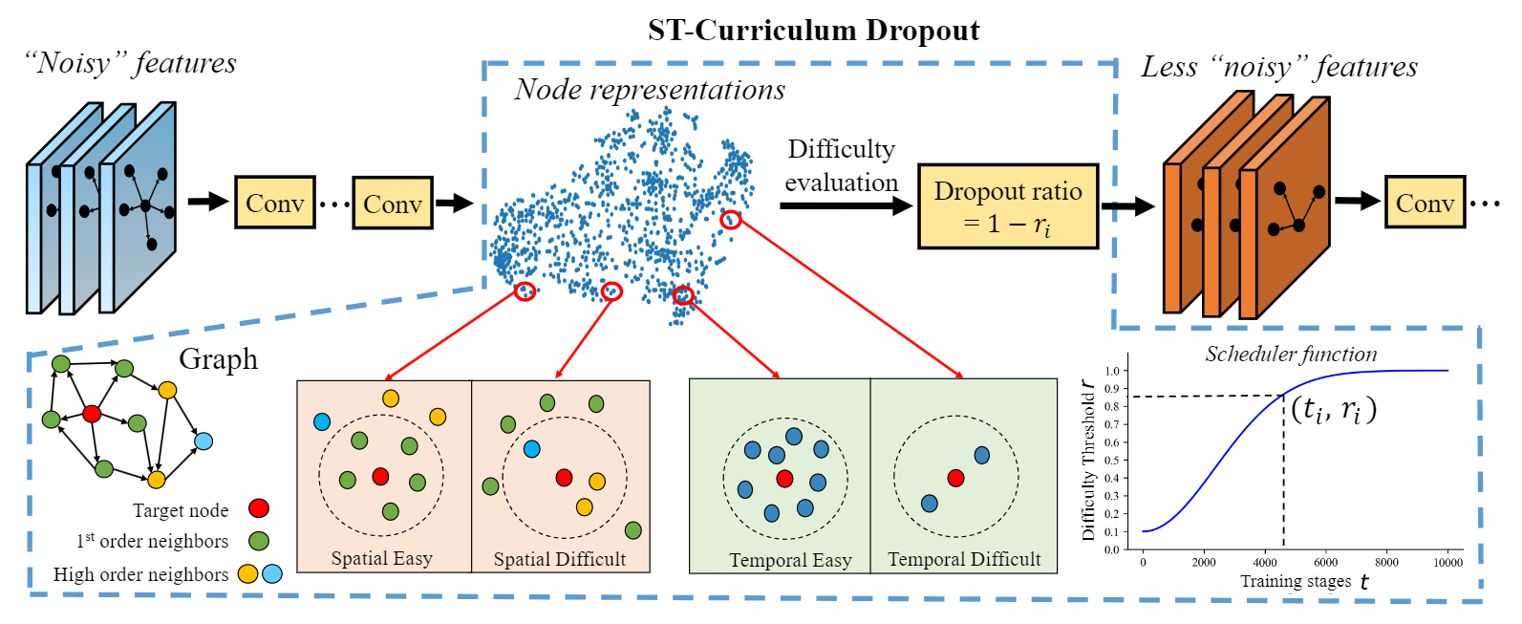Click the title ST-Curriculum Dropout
(813, 31)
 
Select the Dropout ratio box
(1007, 206)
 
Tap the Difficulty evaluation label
(841, 165)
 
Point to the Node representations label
(650, 90)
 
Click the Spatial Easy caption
(381, 558)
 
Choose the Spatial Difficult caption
(559, 559)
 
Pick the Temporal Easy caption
(790, 560)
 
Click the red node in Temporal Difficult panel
(955, 478)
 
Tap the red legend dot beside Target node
(258, 508)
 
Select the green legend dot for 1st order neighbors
(258, 541)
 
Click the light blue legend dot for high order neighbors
(272, 573)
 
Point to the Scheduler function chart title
(1291, 355)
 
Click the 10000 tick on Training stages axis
(1447, 563)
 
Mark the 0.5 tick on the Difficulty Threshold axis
(1112, 461)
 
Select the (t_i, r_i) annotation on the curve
(1334, 410)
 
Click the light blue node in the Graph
(203, 441)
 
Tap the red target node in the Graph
(92, 414)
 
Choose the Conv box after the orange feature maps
(1425, 203)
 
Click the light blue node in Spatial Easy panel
(322, 421)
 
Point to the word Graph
(219, 359)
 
